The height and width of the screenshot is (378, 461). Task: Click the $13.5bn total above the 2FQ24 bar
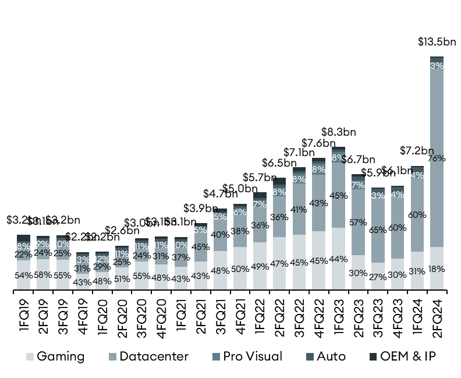click(x=437, y=42)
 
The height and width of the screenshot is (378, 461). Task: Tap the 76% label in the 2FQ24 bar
click(x=437, y=158)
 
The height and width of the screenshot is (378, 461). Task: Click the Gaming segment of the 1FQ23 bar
click(x=338, y=258)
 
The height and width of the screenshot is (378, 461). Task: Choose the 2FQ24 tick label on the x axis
click(x=437, y=315)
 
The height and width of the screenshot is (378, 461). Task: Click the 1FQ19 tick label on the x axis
click(x=24, y=315)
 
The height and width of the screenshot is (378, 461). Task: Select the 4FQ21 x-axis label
click(x=240, y=315)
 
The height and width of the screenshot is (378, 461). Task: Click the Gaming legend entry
click(x=55, y=356)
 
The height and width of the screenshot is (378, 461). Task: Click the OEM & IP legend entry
click(x=402, y=356)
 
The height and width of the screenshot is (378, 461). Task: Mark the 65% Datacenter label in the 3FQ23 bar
click(x=378, y=230)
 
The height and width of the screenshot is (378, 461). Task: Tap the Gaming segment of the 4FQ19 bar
click(x=83, y=281)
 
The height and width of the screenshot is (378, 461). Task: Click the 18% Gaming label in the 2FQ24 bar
click(x=437, y=269)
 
